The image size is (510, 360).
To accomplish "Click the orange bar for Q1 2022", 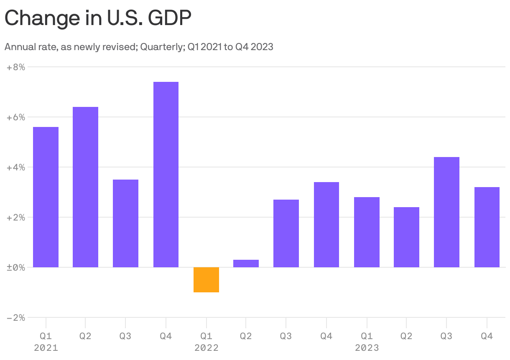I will [x=206, y=280].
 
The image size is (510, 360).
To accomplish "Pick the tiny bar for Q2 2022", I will [x=246, y=264].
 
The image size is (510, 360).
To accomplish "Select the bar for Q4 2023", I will [x=487, y=227].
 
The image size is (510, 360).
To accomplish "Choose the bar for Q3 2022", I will [x=286, y=233].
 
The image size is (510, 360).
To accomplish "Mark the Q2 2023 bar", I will [x=406, y=237].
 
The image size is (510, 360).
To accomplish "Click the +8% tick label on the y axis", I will [x=16, y=67].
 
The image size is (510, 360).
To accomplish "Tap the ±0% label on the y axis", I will [x=16, y=267].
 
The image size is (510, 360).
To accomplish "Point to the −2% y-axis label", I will [x=16, y=318].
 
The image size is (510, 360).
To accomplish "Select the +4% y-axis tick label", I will [x=16, y=167].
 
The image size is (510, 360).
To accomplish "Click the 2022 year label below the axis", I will [x=206, y=347].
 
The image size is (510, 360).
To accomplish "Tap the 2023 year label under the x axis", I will [x=367, y=347].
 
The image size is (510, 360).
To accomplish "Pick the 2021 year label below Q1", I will [x=46, y=347].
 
